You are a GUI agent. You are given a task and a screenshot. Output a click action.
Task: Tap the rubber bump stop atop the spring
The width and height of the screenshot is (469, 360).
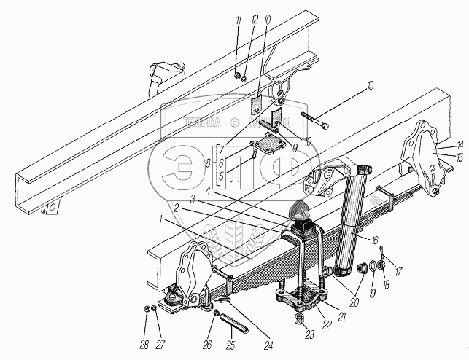(301, 213)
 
